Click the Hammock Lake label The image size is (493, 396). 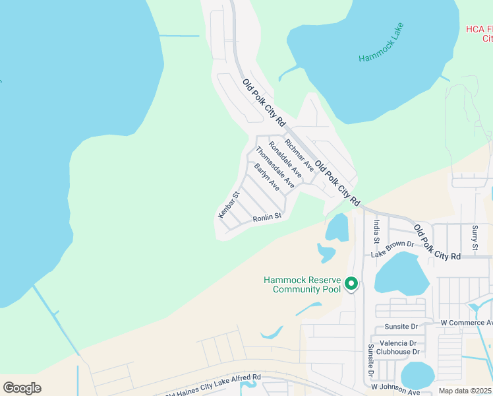(381, 44)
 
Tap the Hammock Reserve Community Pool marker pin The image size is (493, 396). (351, 284)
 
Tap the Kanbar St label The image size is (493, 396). (227, 205)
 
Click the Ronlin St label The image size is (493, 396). (267, 216)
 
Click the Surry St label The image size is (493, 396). (475, 238)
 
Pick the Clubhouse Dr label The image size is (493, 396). (398, 352)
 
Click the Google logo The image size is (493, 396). (22, 388)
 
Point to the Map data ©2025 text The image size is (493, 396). (465, 391)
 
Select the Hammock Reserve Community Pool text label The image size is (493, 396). (303, 284)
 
